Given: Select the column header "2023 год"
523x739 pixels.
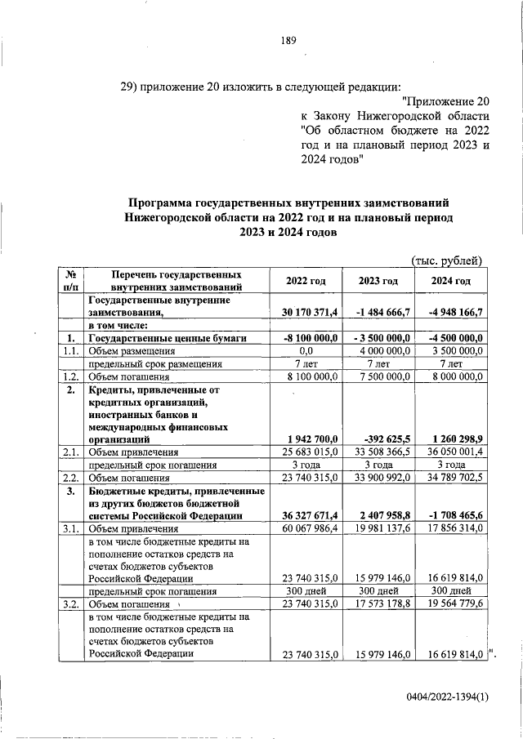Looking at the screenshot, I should point(378,281).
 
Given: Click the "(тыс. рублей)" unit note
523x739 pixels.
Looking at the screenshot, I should point(448,260).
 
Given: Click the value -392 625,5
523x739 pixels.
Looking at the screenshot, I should point(380,439).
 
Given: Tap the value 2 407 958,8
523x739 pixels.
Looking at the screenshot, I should point(380,515).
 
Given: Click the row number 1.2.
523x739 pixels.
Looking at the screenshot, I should point(70,376).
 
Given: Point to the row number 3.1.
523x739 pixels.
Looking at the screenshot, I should point(70,528).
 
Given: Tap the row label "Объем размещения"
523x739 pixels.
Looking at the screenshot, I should point(133,351).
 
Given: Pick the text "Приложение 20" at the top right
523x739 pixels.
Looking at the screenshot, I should point(447,101).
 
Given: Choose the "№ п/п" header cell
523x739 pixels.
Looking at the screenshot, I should point(70,281).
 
